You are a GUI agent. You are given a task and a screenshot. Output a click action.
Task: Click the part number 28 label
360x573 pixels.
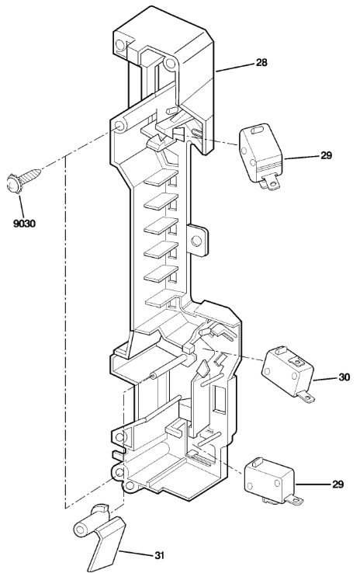[261, 62]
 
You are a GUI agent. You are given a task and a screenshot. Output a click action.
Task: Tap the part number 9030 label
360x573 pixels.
[25, 224]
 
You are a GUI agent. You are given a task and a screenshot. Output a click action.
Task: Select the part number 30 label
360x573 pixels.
[344, 377]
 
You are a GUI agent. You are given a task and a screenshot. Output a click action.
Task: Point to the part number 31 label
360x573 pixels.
[159, 556]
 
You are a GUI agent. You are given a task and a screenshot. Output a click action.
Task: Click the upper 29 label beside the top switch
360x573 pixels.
[327, 155]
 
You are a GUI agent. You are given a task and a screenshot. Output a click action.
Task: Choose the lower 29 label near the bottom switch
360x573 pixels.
[338, 484]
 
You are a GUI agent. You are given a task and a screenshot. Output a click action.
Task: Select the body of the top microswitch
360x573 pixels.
[260, 153]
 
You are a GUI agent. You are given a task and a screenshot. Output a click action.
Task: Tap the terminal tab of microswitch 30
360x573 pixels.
[306, 397]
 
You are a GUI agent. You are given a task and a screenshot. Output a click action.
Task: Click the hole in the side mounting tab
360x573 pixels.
[196, 241]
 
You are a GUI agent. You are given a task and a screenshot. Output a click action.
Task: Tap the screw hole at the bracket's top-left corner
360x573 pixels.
[119, 45]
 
